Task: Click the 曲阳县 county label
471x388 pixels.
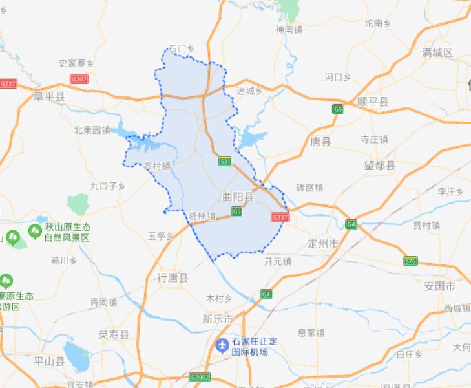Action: click(238, 195)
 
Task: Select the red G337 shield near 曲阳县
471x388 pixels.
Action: click(280, 218)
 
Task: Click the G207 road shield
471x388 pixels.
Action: click(79, 79)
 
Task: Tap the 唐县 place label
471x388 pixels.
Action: click(320, 141)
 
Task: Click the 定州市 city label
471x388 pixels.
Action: click(324, 244)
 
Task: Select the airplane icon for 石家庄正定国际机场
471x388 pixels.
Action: click(222, 346)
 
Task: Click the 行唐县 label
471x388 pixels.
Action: click(173, 277)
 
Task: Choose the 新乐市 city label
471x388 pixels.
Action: click(218, 319)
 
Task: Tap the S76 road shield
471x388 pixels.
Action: click(410, 261)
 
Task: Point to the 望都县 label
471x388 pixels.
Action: click(379, 166)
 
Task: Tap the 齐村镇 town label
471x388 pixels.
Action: click(158, 166)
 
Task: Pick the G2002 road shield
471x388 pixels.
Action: click(200, 376)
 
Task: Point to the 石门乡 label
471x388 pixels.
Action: click(181, 48)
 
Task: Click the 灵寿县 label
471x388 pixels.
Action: click(114, 334)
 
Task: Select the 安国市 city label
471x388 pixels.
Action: click(439, 286)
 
